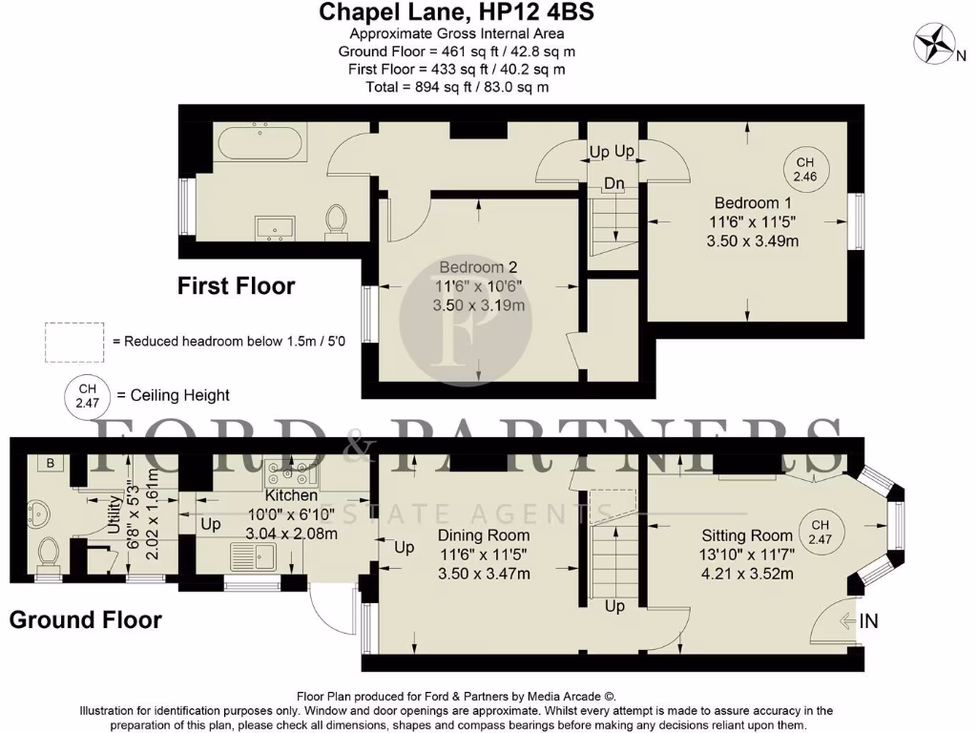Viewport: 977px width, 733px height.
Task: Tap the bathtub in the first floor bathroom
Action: click(260, 146)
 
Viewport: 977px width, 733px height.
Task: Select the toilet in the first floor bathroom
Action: click(336, 220)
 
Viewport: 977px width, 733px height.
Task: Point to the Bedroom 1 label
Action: click(753, 202)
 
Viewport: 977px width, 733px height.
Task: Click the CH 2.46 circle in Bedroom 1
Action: click(806, 169)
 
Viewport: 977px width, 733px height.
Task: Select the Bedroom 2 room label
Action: click(477, 267)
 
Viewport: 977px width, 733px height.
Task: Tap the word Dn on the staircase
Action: click(613, 183)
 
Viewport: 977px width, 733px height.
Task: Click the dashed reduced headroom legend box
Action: click(75, 340)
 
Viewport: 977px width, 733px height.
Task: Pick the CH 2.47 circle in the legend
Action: click(87, 395)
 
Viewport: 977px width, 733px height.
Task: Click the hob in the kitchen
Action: click(293, 471)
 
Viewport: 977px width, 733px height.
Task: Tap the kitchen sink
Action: click(252, 555)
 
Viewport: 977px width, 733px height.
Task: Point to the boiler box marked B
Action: click(50, 463)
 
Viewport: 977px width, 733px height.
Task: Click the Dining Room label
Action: click(483, 534)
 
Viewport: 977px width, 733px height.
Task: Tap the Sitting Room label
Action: click(747, 535)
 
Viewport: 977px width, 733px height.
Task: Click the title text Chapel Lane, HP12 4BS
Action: click(457, 12)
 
